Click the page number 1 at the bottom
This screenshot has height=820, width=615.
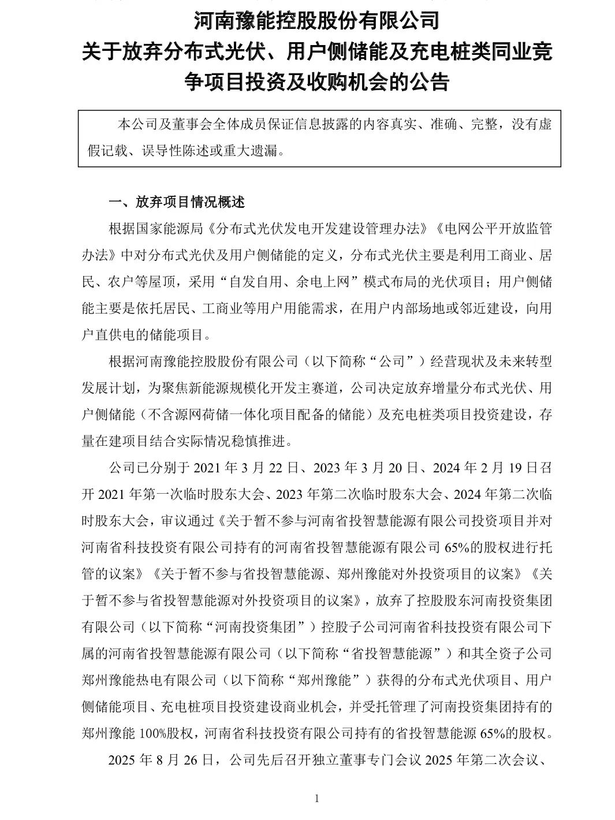click(316, 799)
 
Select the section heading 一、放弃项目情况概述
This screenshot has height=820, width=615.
click(177, 202)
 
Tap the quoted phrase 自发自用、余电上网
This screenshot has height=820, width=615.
click(303, 281)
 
